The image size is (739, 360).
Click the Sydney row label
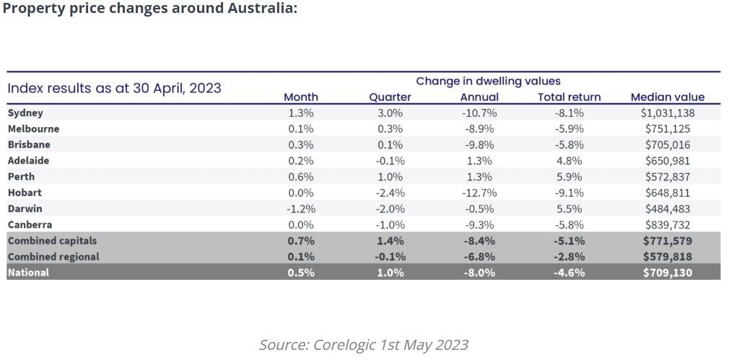[25, 113]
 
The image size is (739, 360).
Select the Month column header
[300, 97]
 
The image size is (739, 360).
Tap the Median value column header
[667, 97]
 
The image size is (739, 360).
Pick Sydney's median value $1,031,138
[667, 113]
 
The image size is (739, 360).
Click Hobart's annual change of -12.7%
[478, 193]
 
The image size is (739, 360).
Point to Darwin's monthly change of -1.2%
[300, 208]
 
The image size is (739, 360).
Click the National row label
[29, 273]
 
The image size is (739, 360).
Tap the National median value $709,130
[667, 273]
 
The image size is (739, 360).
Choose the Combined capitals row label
[52, 241]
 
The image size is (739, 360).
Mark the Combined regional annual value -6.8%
[478, 257]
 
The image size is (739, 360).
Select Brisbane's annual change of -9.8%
[478, 145]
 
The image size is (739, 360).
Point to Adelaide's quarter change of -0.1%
[390, 161]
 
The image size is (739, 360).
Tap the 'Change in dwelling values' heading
[488, 82]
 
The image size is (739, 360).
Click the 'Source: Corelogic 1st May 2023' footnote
[364, 345]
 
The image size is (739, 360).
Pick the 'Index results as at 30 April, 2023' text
[114, 89]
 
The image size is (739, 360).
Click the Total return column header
[569, 97]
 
